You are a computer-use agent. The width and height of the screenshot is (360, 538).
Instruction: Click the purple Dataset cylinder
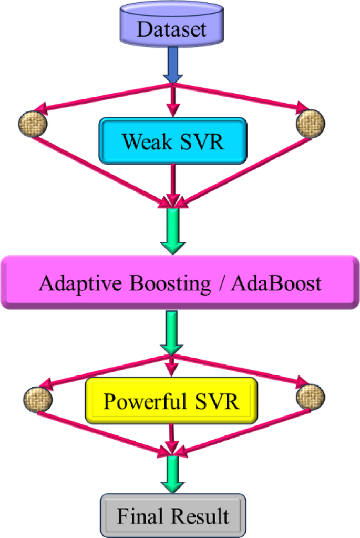click(x=172, y=26)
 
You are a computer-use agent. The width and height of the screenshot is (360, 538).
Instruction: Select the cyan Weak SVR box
click(x=173, y=140)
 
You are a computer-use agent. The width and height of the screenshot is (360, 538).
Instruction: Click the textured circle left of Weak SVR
click(x=33, y=124)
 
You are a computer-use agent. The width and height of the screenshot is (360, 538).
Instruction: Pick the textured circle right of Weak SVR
click(x=310, y=124)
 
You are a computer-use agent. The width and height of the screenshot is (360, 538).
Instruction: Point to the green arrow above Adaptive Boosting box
click(x=172, y=231)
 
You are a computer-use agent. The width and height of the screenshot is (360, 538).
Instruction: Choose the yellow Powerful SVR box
click(x=171, y=401)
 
